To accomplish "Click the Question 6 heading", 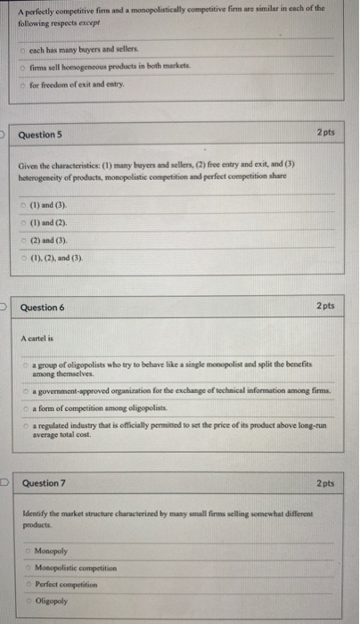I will [42, 307].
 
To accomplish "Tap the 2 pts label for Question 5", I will [324, 133].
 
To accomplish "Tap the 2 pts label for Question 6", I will [324, 306].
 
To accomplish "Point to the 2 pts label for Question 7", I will [324, 483].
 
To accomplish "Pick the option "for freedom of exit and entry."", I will [75, 84].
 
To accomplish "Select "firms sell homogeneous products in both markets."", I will [98, 67].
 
